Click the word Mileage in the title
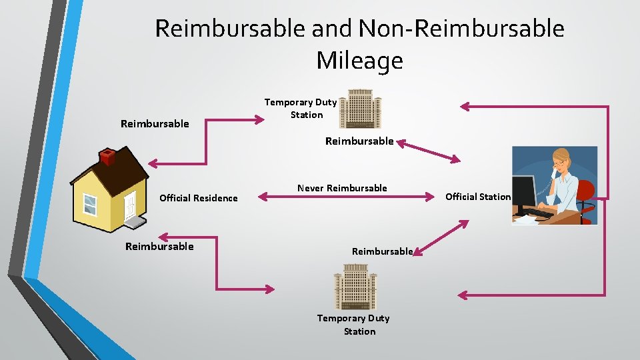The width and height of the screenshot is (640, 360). [x=359, y=61]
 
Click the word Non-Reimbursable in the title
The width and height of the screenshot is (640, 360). [x=461, y=29]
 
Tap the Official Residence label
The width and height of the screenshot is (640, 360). [x=198, y=198]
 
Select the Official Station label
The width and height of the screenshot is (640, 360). [x=477, y=197]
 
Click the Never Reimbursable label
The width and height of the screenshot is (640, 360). [x=342, y=188]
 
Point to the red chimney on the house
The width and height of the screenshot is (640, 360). [x=107, y=157]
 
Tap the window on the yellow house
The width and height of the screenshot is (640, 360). [x=89, y=205]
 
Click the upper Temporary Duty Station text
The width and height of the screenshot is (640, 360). [x=301, y=109]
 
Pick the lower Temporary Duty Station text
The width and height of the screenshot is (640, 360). [x=354, y=325]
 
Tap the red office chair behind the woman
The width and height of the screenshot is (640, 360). [x=585, y=194]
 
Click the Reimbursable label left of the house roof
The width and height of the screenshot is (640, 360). [x=155, y=123]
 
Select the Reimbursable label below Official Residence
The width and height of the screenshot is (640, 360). [x=159, y=247]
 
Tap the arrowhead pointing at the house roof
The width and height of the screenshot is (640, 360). [x=153, y=163]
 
